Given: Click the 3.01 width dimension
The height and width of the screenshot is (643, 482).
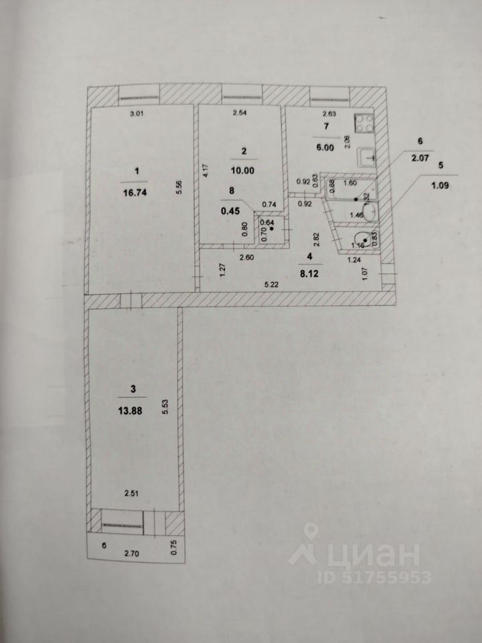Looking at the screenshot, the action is click(137, 114).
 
